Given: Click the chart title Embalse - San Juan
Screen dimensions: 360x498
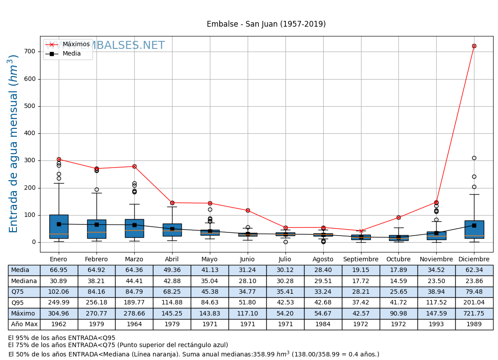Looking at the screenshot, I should click(x=266, y=24).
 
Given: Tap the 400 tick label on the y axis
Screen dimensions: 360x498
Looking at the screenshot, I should click(x=29, y=133).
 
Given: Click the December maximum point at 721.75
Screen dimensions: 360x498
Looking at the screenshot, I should click(x=474, y=46).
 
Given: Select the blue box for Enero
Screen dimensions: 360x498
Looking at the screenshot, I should click(x=59, y=227).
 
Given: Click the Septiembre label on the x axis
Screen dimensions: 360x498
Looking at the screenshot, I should click(x=361, y=260).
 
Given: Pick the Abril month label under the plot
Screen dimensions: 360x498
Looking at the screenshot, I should click(x=172, y=260).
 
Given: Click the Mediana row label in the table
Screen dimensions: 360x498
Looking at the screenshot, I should click(x=24, y=281).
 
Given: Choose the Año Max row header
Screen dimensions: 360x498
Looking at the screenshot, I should click(x=24, y=324).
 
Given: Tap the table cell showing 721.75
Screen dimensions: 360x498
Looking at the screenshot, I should click(x=474, y=314).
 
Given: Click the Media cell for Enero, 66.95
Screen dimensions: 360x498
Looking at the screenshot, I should click(x=59, y=270).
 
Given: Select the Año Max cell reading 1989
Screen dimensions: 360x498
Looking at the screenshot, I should click(x=474, y=324).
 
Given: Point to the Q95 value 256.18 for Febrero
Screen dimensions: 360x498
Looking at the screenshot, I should click(x=96, y=303).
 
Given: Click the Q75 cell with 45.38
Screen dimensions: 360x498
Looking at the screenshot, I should click(x=209, y=292).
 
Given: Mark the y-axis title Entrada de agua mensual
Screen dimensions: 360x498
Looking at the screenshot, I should click(x=14, y=144).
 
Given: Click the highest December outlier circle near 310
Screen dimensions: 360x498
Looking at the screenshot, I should click(x=474, y=158).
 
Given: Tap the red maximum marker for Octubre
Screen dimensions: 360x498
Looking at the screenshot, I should click(x=398, y=217).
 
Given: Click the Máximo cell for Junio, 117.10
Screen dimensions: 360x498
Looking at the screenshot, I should click(x=247, y=314).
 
